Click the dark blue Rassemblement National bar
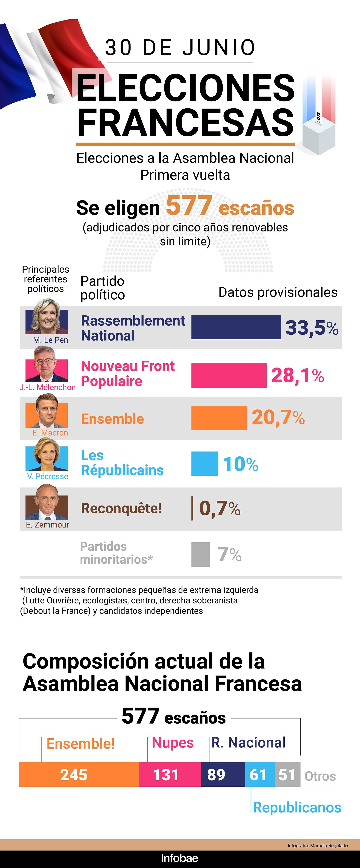click(236, 327)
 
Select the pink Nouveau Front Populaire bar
click(229, 375)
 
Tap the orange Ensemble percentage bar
click(219, 418)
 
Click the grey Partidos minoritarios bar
click(201, 554)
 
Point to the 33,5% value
click(311, 328)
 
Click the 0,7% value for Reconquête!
click(220, 508)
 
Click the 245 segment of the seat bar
click(74, 775)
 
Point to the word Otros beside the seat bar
click(320, 776)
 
